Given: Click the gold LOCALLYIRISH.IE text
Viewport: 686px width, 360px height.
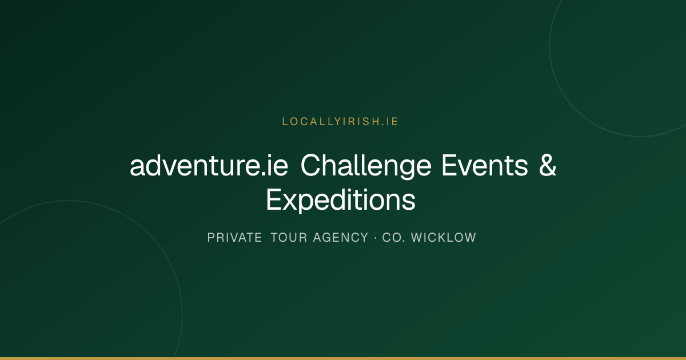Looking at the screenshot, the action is (340, 122).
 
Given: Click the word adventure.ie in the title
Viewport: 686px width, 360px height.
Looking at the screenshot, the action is (209, 166).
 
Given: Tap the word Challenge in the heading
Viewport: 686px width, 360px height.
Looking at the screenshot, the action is (366, 166).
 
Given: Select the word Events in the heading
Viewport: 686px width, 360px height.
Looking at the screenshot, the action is (485, 166).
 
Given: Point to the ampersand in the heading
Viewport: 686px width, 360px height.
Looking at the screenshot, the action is (548, 165).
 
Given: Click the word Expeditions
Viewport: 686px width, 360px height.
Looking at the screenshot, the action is (341, 200).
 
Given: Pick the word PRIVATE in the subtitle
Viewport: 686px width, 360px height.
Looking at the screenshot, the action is (234, 238).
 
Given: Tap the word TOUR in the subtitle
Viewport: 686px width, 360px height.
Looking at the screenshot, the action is (289, 238).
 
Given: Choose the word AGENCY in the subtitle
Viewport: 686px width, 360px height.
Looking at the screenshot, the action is (341, 238).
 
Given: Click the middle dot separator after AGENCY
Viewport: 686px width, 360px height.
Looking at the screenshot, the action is (376, 238).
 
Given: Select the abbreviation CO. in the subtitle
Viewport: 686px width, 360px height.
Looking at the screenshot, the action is (393, 238).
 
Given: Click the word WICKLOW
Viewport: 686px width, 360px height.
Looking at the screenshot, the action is (444, 238).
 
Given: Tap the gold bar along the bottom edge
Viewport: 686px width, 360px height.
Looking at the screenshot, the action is (343, 358).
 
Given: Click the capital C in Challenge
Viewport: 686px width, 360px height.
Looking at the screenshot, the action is (312, 165).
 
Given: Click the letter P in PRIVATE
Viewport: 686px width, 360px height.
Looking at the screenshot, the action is (211, 238).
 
